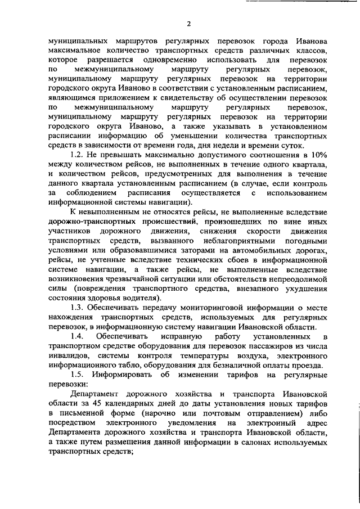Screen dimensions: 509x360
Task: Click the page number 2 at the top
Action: tap(189, 23)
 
